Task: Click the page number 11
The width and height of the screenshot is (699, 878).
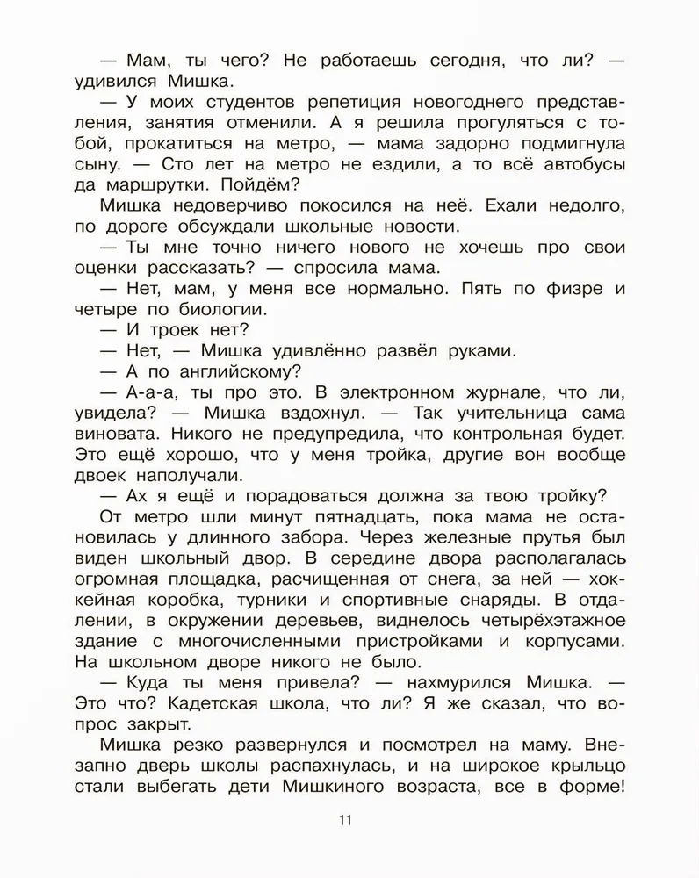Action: coord(343,820)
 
